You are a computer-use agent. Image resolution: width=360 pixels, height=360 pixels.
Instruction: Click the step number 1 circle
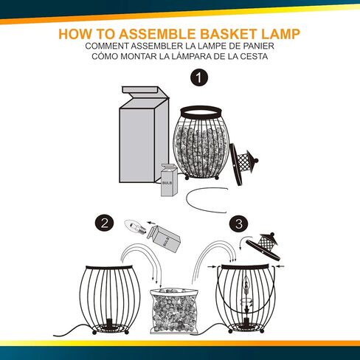[x=199, y=78]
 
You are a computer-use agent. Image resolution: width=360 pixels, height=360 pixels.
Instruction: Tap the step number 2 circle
[x=104, y=224]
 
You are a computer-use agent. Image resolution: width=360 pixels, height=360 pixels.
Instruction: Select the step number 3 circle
[x=239, y=224]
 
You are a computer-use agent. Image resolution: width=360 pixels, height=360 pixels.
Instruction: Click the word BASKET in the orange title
[x=228, y=34]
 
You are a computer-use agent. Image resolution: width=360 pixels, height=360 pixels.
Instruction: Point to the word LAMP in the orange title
[x=280, y=34]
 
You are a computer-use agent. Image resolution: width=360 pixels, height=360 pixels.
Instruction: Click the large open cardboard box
[x=144, y=134]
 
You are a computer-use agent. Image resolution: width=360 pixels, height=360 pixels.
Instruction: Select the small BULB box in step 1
[x=169, y=180]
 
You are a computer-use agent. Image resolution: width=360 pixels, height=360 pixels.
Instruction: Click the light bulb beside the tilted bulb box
[x=135, y=226]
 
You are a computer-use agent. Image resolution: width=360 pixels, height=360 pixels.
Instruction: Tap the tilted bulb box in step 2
[x=163, y=239]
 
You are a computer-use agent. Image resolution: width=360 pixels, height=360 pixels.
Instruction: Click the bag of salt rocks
[x=174, y=311]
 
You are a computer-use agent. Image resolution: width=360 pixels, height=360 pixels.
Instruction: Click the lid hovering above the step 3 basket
[x=263, y=246]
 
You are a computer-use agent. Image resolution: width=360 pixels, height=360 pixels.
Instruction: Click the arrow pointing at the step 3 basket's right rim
[x=280, y=266]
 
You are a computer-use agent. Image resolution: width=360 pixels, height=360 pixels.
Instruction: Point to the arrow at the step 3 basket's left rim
[x=212, y=266]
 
